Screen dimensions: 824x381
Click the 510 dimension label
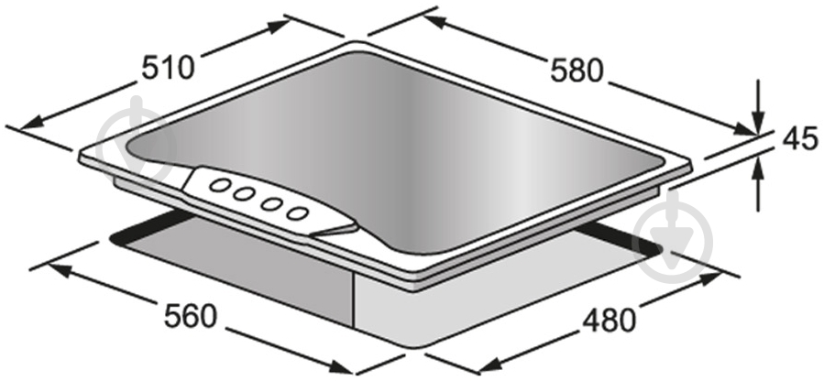pos(169,68)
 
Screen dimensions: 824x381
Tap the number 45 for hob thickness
pos(800,139)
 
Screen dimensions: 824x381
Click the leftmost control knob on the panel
pos(219,185)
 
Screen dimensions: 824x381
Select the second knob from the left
pos(244,194)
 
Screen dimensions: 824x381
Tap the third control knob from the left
pos(270,203)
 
